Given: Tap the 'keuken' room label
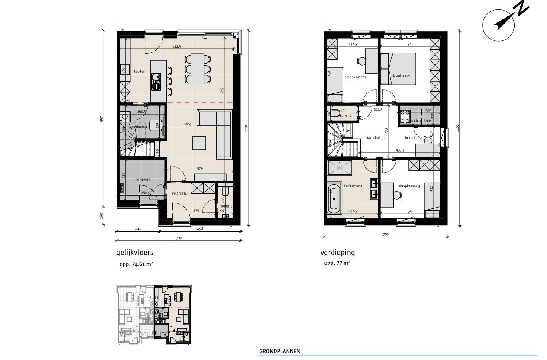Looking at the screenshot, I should [140, 72].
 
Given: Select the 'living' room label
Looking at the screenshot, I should [186, 124].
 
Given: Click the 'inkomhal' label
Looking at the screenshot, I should [179, 194].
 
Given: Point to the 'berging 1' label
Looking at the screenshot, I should [142, 179].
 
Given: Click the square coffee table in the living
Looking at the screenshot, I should [200, 143].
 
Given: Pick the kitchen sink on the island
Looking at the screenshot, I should [156, 81].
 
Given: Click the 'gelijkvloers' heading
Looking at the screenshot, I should [135, 253].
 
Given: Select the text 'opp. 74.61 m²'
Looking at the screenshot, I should [136, 264].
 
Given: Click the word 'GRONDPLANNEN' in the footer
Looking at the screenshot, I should [280, 351].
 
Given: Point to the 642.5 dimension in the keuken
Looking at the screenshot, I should [176, 47].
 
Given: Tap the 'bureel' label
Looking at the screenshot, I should [410, 138].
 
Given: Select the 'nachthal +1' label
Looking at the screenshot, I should [375, 138].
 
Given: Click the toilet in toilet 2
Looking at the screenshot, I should [336, 113].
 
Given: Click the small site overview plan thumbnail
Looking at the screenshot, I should [154, 315].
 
